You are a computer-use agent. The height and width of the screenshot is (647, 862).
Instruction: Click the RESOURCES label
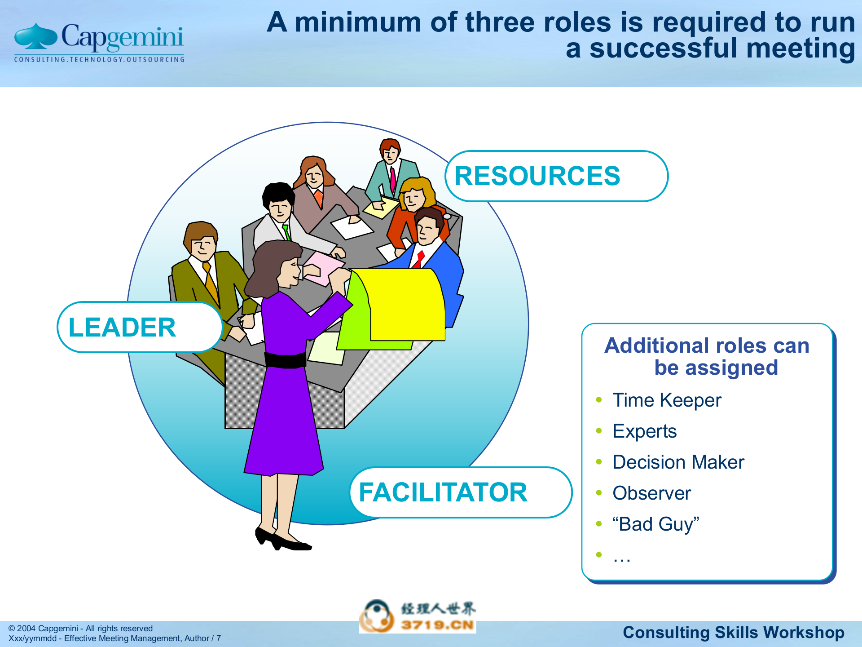pos(537,176)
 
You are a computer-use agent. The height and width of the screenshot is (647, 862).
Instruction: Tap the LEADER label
pos(122,327)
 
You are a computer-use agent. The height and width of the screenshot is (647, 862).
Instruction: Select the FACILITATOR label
pos(443,492)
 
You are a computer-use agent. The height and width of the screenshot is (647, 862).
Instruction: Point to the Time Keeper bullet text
pos(667,400)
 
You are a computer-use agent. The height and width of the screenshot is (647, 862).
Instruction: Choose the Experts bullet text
pos(644,431)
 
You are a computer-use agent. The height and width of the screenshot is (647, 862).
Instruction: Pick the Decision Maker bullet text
pos(678,462)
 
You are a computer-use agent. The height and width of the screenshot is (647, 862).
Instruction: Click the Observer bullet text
pos(651,493)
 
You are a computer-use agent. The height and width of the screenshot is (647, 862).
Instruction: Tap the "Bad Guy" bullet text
pos(656,524)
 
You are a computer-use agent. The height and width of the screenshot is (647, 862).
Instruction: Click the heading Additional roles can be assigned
pos(707,356)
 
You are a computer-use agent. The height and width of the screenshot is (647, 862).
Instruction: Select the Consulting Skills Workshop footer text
pos(733,632)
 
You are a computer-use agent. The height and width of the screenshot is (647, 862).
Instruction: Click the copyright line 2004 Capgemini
pos(81,628)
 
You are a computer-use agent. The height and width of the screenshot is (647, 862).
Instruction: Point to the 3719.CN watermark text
pos(437,625)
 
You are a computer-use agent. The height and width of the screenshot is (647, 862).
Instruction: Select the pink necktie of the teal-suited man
pos(393,179)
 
